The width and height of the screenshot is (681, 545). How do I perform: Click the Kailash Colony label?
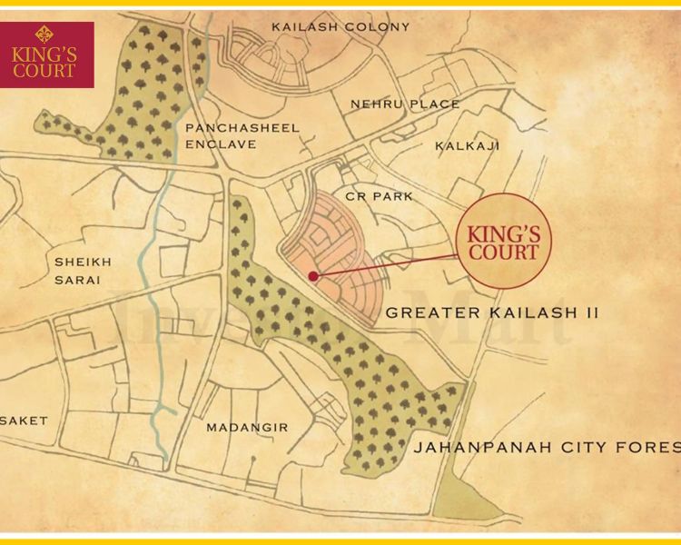click(x=340, y=26)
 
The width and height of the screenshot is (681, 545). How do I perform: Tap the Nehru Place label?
click(x=405, y=104)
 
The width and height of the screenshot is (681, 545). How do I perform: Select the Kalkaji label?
click(x=467, y=145)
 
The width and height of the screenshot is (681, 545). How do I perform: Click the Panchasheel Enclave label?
click(x=242, y=135)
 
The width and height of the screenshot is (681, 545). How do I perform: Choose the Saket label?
click(x=24, y=421)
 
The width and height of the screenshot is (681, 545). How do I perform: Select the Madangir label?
click(x=247, y=427)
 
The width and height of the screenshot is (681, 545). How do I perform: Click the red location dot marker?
click(x=313, y=275)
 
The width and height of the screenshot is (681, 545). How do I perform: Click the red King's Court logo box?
click(x=47, y=54)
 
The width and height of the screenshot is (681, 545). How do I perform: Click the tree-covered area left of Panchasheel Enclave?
click(x=136, y=100)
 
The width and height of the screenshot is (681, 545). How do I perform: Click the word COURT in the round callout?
click(x=502, y=253)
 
